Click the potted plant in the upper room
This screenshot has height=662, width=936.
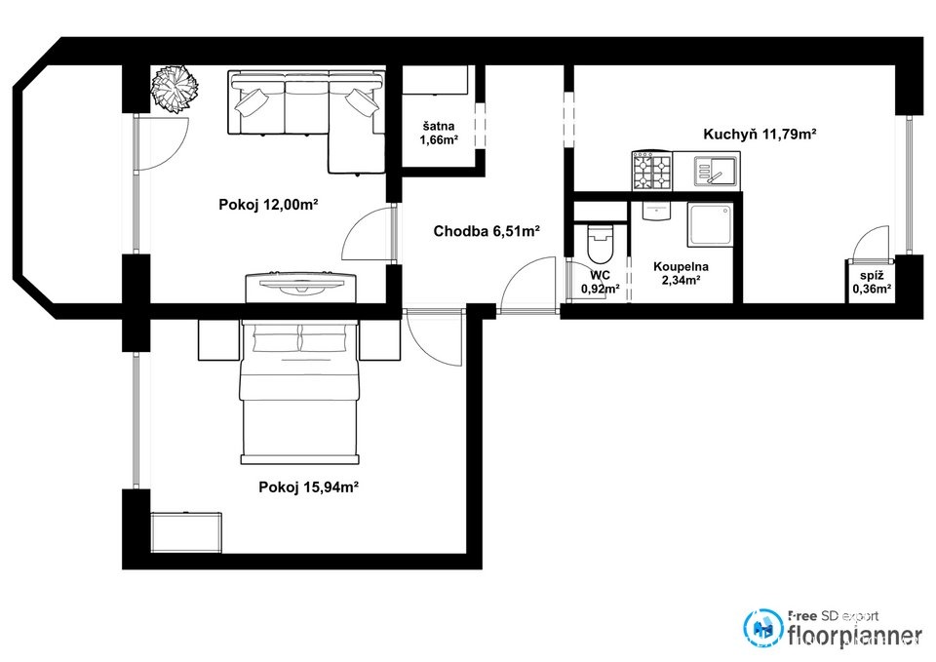coord(175,89)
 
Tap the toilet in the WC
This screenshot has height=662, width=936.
coord(600,244)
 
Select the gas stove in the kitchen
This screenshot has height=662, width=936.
coord(652,171)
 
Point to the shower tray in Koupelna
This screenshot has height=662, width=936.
coord(711,224)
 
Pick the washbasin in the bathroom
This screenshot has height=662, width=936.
coord(656,212)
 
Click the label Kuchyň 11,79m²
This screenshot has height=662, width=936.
coord(760,134)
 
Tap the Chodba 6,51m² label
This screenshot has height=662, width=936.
coord(487,231)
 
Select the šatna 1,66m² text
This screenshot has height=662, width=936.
coord(439,134)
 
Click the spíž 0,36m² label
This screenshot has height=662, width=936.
coord(872,283)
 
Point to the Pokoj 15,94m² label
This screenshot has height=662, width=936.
coord(308,487)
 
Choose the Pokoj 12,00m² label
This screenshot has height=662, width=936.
coord(268,205)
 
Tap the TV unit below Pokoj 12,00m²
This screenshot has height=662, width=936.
coord(301,287)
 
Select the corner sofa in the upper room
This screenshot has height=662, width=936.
coord(306,122)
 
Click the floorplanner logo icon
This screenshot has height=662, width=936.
coord(762,628)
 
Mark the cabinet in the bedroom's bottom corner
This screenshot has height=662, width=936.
coord(185,532)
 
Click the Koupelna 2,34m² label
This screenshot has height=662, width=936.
coord(681,273)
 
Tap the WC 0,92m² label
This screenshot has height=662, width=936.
coord(600,283)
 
